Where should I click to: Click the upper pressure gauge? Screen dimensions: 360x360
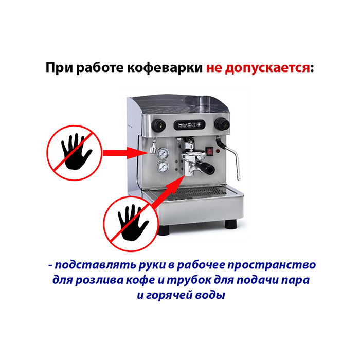[x=163, y=153]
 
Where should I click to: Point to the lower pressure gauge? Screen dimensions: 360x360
[x=163, y=167]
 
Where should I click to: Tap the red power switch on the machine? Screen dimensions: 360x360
[x=210, y=151]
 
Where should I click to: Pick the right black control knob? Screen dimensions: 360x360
[x=222, y=124]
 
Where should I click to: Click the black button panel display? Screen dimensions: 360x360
[x=189, y=125]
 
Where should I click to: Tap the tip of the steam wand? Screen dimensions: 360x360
[x=239, y=178]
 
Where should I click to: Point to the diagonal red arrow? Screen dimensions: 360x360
[x=169, y=192]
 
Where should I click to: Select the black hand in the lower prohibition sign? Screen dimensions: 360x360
[x=132, y=223]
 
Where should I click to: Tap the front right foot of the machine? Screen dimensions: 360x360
[x=231, y=224]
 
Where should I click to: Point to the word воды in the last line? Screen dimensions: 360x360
[x=210, y=295]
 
